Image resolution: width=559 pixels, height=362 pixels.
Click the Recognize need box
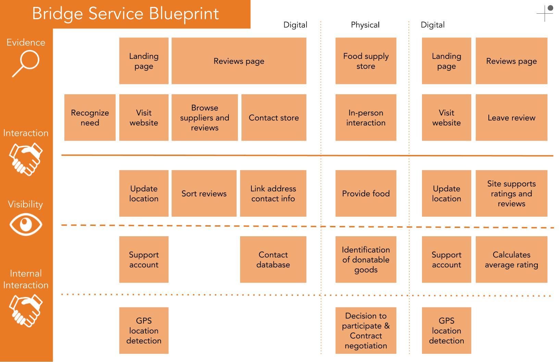pos(90,118)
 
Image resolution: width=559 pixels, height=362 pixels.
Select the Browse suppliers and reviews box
pos(204,118)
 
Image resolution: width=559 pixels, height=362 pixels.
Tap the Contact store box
pos(274,118)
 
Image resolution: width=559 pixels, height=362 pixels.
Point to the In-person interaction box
pos(366,118)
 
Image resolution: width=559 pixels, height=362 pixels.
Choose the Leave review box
pos(512,118)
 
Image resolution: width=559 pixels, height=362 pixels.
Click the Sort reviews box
pos(204,193)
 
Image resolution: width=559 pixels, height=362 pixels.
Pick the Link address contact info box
pos(273,193)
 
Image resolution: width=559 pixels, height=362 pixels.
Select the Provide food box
pos(366,193)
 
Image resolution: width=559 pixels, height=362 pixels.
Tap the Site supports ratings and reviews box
pos(512,193)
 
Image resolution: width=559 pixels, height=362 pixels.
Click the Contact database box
pos(273,259)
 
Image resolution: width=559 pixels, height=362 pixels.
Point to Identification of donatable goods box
pos(366,259)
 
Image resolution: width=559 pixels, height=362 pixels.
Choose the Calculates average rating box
pos(512,259)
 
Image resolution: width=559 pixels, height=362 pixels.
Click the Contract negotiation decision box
pos(366,330)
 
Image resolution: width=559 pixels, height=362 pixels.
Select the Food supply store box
pos(366,61)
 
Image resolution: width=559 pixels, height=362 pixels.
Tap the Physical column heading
pos(365,25)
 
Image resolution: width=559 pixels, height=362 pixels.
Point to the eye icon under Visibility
pos(26,224)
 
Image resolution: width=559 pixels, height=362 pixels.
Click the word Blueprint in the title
pos(184,14)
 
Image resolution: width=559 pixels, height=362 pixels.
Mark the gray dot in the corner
pos(550,8)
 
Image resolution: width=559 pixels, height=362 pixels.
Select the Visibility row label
pos(25,204)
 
